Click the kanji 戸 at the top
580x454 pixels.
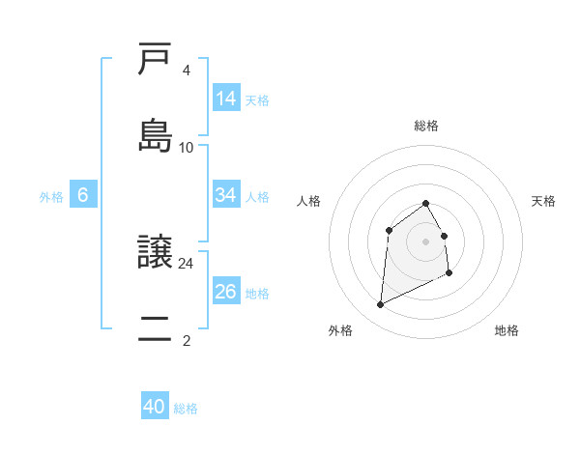(155, 60)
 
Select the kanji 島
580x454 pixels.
(155, 134)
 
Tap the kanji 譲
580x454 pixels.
(155, 252)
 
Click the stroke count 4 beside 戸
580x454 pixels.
(186, 71)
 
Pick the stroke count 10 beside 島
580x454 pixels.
(186, 147)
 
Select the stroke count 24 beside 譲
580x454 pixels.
(186, 263)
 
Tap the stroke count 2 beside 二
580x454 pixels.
(186, 340)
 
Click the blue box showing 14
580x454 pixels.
(225, 99)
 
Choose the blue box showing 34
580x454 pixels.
(225, 195)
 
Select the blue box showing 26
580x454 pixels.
(225, 292)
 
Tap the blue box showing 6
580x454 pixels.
(83, 195)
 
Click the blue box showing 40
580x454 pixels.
(155, 407)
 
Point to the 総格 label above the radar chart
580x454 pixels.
(425, 126)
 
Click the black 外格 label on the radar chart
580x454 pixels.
(340, 330)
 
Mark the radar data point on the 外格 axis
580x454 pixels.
(380, 305)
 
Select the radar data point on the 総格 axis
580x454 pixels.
(425, 203)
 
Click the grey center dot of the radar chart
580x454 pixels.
(425, 241)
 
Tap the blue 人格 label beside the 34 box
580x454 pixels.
(257, 196)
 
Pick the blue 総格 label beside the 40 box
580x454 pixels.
(186, 409)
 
